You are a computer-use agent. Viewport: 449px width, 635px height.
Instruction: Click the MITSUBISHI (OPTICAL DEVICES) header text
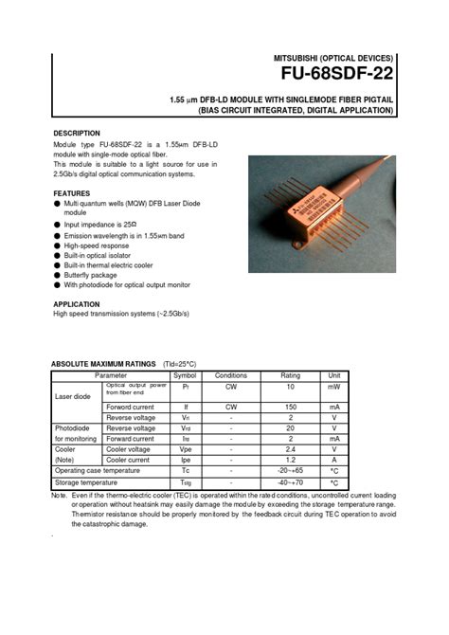pos(333,58)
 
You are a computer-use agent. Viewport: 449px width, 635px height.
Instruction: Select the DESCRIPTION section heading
pos(77,134)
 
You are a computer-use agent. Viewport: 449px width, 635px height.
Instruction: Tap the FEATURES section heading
pos(72,193)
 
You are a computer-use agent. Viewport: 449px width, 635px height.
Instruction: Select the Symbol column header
pos(185,375)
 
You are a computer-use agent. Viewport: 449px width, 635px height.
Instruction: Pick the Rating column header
pos(290,375)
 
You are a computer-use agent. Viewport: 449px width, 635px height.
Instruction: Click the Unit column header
pos(334,375)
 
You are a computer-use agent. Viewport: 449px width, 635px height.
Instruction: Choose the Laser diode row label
pos(72,396)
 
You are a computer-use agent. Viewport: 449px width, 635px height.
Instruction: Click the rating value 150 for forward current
pos(290,407)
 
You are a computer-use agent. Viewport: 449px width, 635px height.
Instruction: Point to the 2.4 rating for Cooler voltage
pos(290,448)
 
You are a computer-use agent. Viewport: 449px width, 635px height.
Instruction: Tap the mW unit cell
pos(334,388)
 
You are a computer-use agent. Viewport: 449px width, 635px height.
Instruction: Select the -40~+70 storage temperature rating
pos(290,481)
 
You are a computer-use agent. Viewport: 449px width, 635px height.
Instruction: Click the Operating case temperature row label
pos(97,470)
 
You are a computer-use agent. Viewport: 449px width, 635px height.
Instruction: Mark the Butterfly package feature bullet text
pos(95,275)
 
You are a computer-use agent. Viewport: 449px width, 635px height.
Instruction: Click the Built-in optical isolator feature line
pos(102,255)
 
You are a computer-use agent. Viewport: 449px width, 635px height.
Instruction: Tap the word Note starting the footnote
pos(59,496)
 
